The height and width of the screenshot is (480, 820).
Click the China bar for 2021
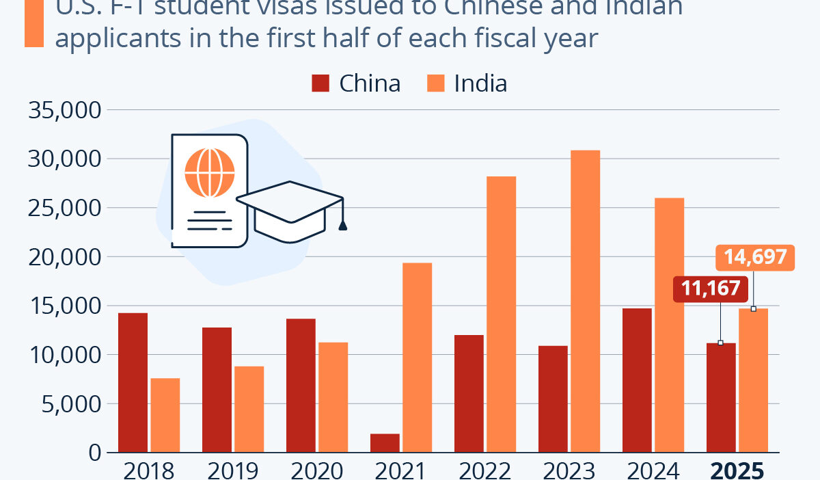(x=385, y=443)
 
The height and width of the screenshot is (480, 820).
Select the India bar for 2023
(x=585, y=302)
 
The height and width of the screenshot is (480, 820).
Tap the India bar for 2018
(x=165, y=415)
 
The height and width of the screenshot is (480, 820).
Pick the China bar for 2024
(x=637, y=380)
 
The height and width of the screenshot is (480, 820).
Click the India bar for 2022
(x=501, y=315)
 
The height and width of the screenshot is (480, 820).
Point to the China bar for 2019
(x=217, y=390)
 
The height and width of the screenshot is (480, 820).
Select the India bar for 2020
(x=333, y=397)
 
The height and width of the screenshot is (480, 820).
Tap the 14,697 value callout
(x=755, y=258)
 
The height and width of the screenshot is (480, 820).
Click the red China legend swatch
(x=320, y=83)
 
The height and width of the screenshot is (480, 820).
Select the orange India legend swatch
(x=436, y=83)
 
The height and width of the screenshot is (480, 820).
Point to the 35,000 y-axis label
(x=66, y=110)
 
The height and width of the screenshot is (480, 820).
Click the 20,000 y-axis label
(x=66, y=257)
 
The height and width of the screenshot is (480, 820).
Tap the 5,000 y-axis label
(x=71, y=404)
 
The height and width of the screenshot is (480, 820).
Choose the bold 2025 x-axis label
(x=736, y=471)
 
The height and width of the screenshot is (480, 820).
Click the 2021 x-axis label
(x=400, y=471)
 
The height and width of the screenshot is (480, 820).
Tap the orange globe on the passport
(x=210, y=170)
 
